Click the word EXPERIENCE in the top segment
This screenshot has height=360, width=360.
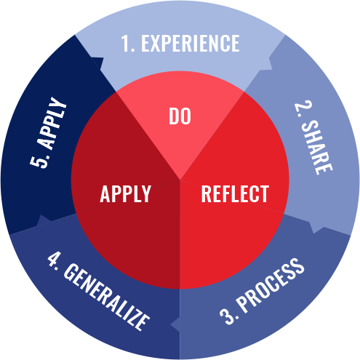191,43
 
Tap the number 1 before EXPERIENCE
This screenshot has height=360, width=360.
125,44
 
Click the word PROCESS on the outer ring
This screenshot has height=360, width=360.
271,286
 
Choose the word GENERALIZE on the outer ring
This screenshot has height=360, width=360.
107,297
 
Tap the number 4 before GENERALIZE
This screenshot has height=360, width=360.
52,260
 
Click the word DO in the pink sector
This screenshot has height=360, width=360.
180,116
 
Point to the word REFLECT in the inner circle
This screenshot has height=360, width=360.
235,193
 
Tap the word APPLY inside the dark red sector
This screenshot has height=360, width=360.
126,193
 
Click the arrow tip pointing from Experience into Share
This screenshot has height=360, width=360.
270,58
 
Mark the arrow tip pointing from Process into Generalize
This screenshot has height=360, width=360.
170,324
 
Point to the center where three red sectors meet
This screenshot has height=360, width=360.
180,180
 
